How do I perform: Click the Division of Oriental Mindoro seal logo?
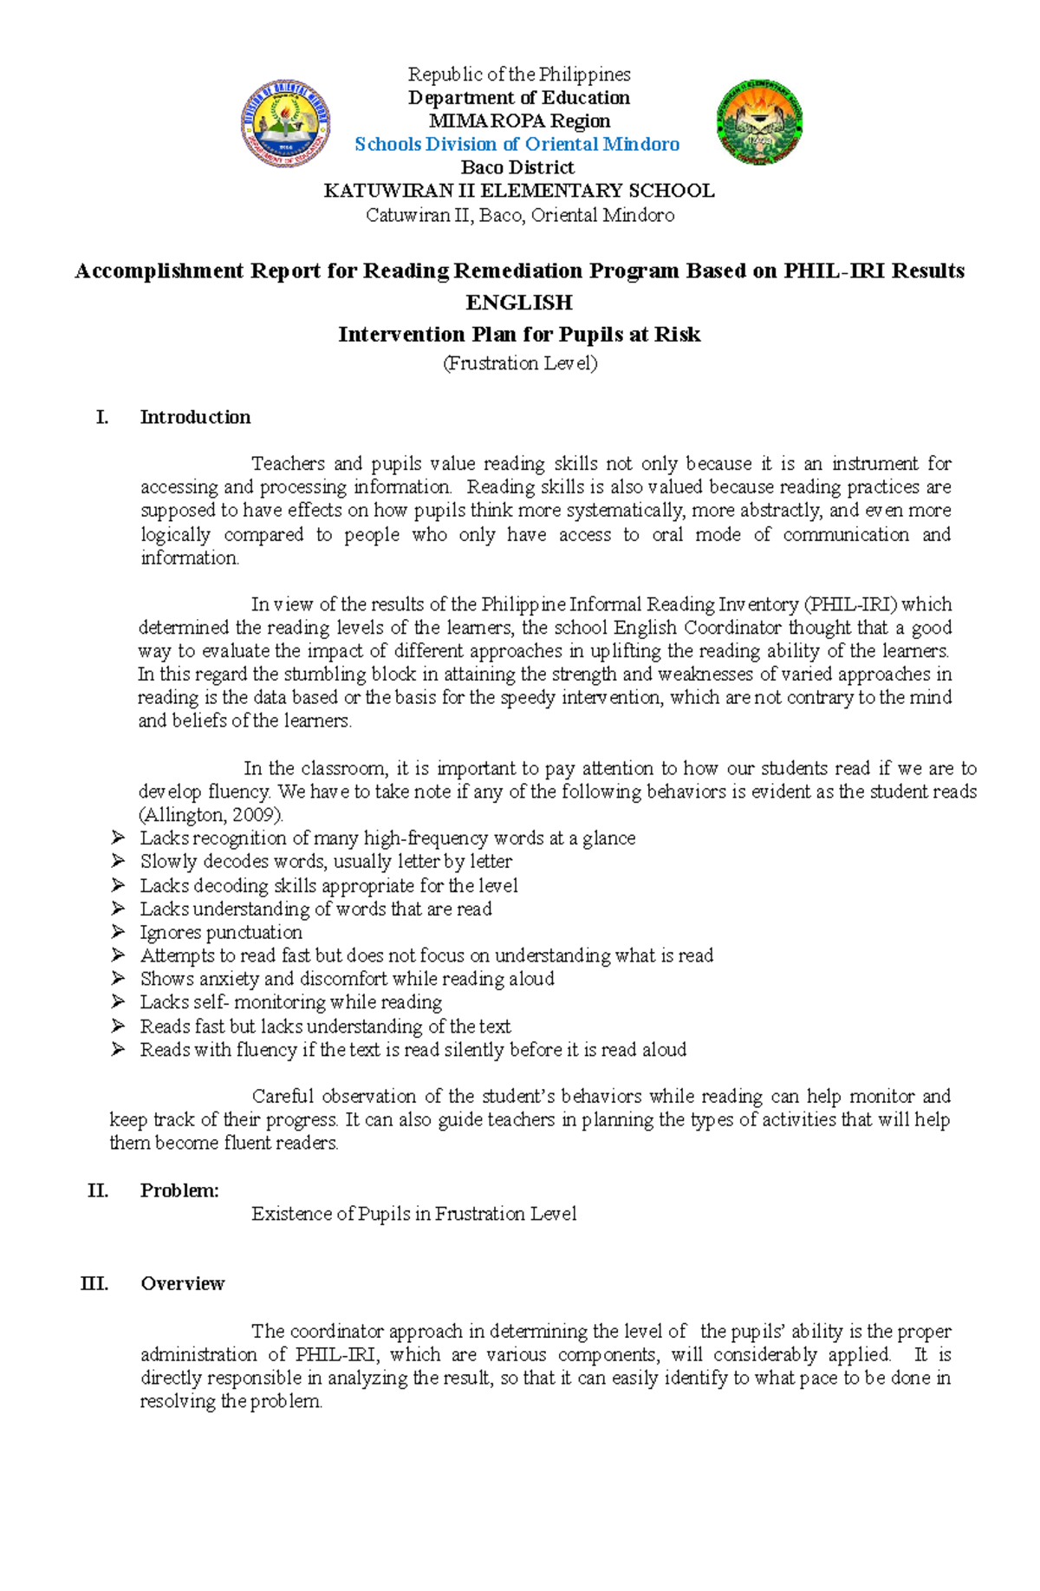coord(285,123)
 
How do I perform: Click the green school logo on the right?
coord(759,123)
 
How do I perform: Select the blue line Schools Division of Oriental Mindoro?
coord(517,144)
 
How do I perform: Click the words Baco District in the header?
coord(517,167)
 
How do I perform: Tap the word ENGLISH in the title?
coord(518,303)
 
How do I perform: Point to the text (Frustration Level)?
coord(520,363)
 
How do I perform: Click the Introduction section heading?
coord(195,417)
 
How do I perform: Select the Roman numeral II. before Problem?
coord(98,1190)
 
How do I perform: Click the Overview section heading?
coord(182,1283)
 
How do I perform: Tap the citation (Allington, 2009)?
coord(211,815)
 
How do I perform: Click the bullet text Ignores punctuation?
coord(221,932)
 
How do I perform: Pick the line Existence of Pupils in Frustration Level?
coord(413,1214)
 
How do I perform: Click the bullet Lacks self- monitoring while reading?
coord(290,1002)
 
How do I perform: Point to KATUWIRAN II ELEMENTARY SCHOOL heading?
coord(518,191)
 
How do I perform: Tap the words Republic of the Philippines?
coord(519,75)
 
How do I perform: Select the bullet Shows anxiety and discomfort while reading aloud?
coord(347,979)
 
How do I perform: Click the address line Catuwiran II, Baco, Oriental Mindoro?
coord(519,215)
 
